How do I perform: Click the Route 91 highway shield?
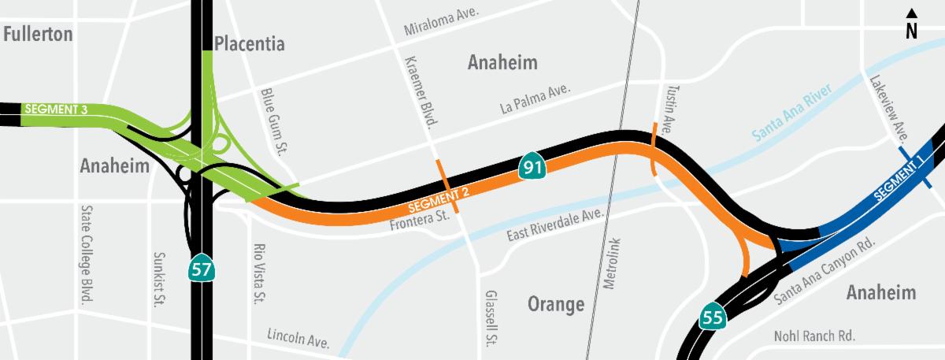(529, 167)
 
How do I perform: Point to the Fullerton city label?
(38, 34)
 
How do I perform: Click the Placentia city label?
(249, 43)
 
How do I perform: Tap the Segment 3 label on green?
(56, 109)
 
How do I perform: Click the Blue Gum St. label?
(272, 121)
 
